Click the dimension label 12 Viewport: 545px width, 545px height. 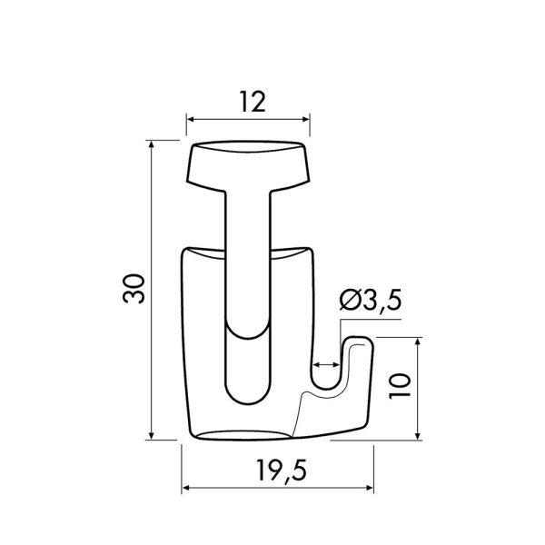[x=253, y=102]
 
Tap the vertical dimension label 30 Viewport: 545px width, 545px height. [x=134, y=289]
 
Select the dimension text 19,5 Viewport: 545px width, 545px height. [x=282, y=471]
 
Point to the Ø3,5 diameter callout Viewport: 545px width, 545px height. [x=371, y=300]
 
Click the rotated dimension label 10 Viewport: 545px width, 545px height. [x=400, y=386]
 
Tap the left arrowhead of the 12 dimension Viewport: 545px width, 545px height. [x=191, y=120]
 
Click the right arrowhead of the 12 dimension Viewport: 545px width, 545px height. [x=305, y=120]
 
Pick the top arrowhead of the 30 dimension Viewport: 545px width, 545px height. [x=151, y=144]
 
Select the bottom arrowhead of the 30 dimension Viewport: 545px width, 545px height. [x=151, y=435]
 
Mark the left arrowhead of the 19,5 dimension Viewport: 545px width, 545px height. [x=186, y=488]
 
